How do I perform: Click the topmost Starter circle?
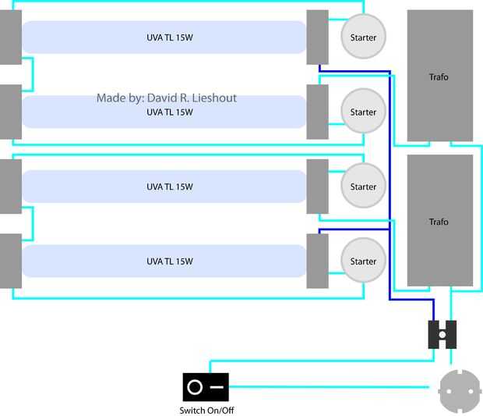[x=363, y=37]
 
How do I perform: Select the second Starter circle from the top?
[x=363, y=112]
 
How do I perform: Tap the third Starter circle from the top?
[x=363, y=187]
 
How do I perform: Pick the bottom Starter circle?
[x=363, y=261]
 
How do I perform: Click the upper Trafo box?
[x=439, y=76]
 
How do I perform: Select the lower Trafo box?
[x=439, y=220]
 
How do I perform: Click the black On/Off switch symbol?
[x=206, y=387]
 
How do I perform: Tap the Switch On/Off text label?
[x=206, y=411]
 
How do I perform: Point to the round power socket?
[x=460, y=391]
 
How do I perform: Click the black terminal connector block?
[x=442, y=335]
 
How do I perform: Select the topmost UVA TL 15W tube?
[x=164, y=37]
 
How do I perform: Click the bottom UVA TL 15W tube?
[x=164, y=261]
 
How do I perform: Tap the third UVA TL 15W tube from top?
[x=164, y=187]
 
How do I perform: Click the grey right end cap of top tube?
[x=317, y=37]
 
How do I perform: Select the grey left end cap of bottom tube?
[x=10, y=261]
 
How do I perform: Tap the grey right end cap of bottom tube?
[x=317, y=261]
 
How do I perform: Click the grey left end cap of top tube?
[x=10, y=37]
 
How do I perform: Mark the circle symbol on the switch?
[x=195, y=387]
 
